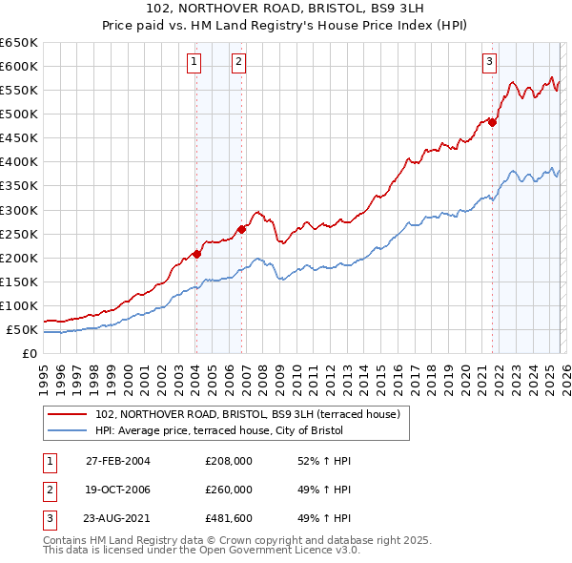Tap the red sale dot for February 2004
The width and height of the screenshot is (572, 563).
(196, 254)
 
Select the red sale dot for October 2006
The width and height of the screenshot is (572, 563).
(242, 229)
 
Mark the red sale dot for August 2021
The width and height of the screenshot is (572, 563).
(493, 121)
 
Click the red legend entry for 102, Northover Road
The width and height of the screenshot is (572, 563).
(253, 413)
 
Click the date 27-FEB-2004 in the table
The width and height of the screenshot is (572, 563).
(117, 461)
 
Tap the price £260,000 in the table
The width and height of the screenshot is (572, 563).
(229, 489)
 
